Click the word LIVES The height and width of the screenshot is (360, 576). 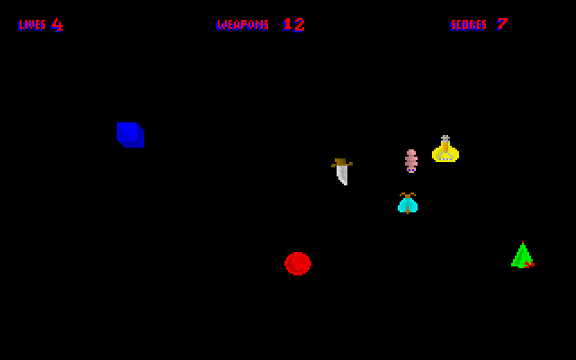click(x=32, y=25)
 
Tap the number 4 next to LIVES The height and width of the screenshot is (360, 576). click(x=57, y=25)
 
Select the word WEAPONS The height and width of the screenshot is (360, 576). click(x=242, y=25)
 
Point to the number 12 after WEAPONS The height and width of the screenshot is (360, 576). click(x=293, y=25)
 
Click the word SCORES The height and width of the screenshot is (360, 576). click(x=468, y=25)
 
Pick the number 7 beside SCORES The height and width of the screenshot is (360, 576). click(x=502, y=24)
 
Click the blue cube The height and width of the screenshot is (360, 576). click(x=130, y=135)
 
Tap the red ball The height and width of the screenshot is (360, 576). click(x=298, y=264)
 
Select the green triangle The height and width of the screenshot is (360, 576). click(x=522, y=255)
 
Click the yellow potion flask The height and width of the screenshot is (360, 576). click(x=445, y=148)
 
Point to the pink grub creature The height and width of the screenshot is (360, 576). click(x=411, y=161)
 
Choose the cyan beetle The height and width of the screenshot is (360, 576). click(x=408, y=203)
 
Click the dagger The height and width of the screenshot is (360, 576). click(x=342, y=172)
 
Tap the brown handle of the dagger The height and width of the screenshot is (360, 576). click(x=342, y=162)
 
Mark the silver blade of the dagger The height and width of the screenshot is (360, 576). click(x=342, y=175)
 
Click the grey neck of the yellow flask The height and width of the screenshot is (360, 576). click(x=445, y=139)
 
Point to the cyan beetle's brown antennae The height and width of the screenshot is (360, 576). click(x=408, y=194)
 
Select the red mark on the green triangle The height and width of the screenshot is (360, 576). click(x=529, y=264)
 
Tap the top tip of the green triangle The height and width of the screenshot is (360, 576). click(x=523, y=242)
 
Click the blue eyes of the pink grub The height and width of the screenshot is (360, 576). click(x=411, y=170)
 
